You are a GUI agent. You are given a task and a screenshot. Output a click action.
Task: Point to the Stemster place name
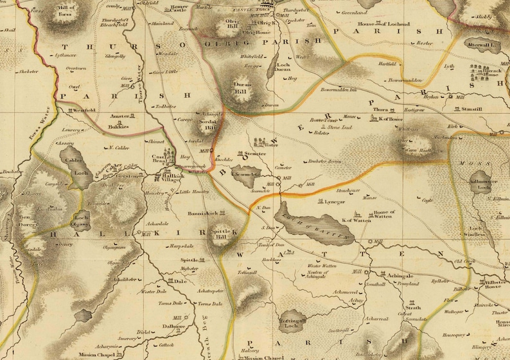pyautogui.click(x=254, y=154)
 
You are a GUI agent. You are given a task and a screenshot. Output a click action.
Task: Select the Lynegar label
pyautogui.click(x=335, y=201)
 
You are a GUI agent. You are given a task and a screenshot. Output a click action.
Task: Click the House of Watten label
pyautogui.click(x=383, y=214)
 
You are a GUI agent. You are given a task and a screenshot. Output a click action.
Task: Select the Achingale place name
pyautogui.click(x=400, y=275)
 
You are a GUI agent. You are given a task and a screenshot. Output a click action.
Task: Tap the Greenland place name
pyautogui.click(x=354, y=13)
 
